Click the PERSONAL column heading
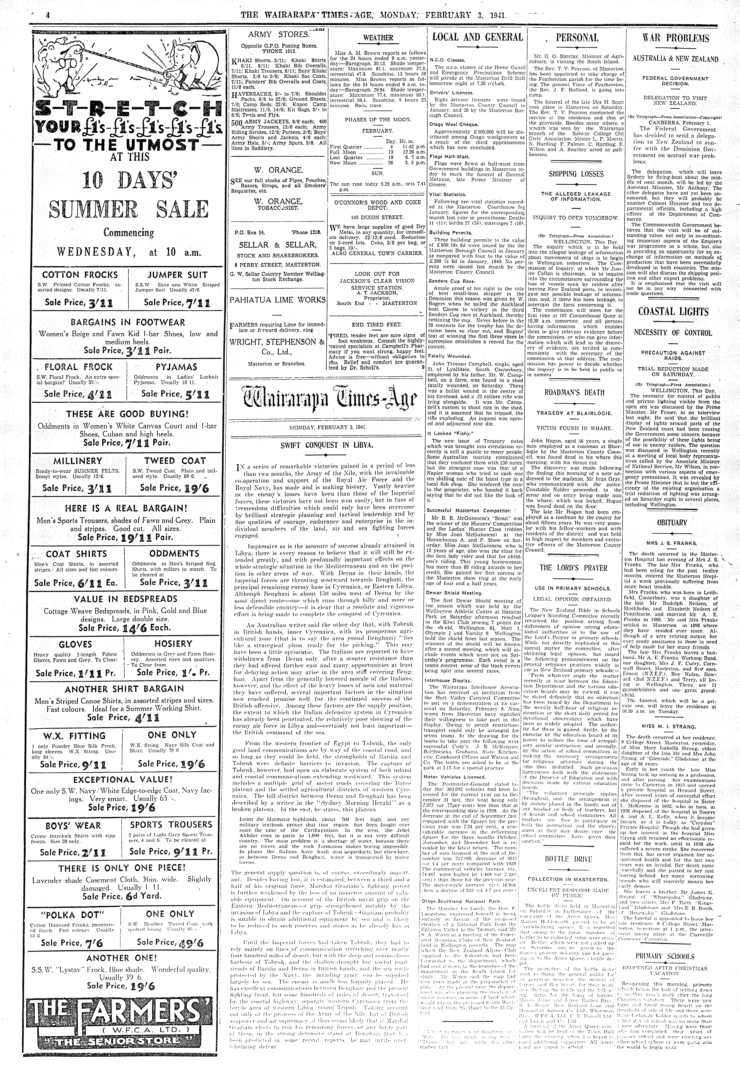pyautogui.click(x=577, y=38)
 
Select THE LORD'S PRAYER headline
pyautogui.click(x=573, y=568)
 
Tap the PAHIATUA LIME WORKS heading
pyautogui.click(x=278, y=300)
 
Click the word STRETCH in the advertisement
pyautogui.click(x=125, y=110)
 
